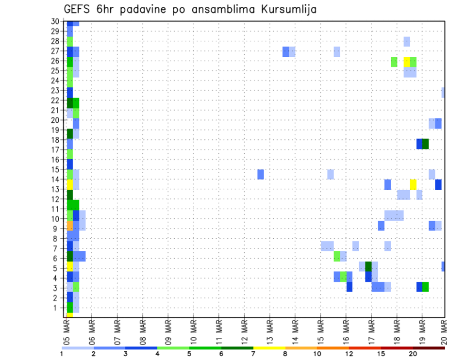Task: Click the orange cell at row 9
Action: tap(69, 226)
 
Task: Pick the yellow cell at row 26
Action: tap(407, 62)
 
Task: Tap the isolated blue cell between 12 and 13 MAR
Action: tap(261, 174)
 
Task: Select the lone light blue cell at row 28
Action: tap(407, 42)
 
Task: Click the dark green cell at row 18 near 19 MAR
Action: tap(426, 144)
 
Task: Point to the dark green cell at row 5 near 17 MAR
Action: tap(368, 267)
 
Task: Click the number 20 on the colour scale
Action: tap(413, 354)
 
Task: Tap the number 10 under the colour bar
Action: tap(317, 354)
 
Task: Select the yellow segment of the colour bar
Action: tap(269, 348)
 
